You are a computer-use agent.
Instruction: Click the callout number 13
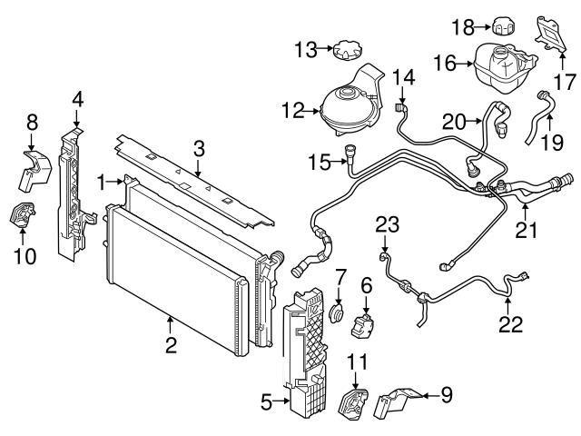click(x=302, y=47)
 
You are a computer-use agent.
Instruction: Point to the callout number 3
click(x=199, y=146)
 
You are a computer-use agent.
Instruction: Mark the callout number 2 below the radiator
click(x=171, y=345)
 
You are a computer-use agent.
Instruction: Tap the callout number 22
click(x=512, y=323)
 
